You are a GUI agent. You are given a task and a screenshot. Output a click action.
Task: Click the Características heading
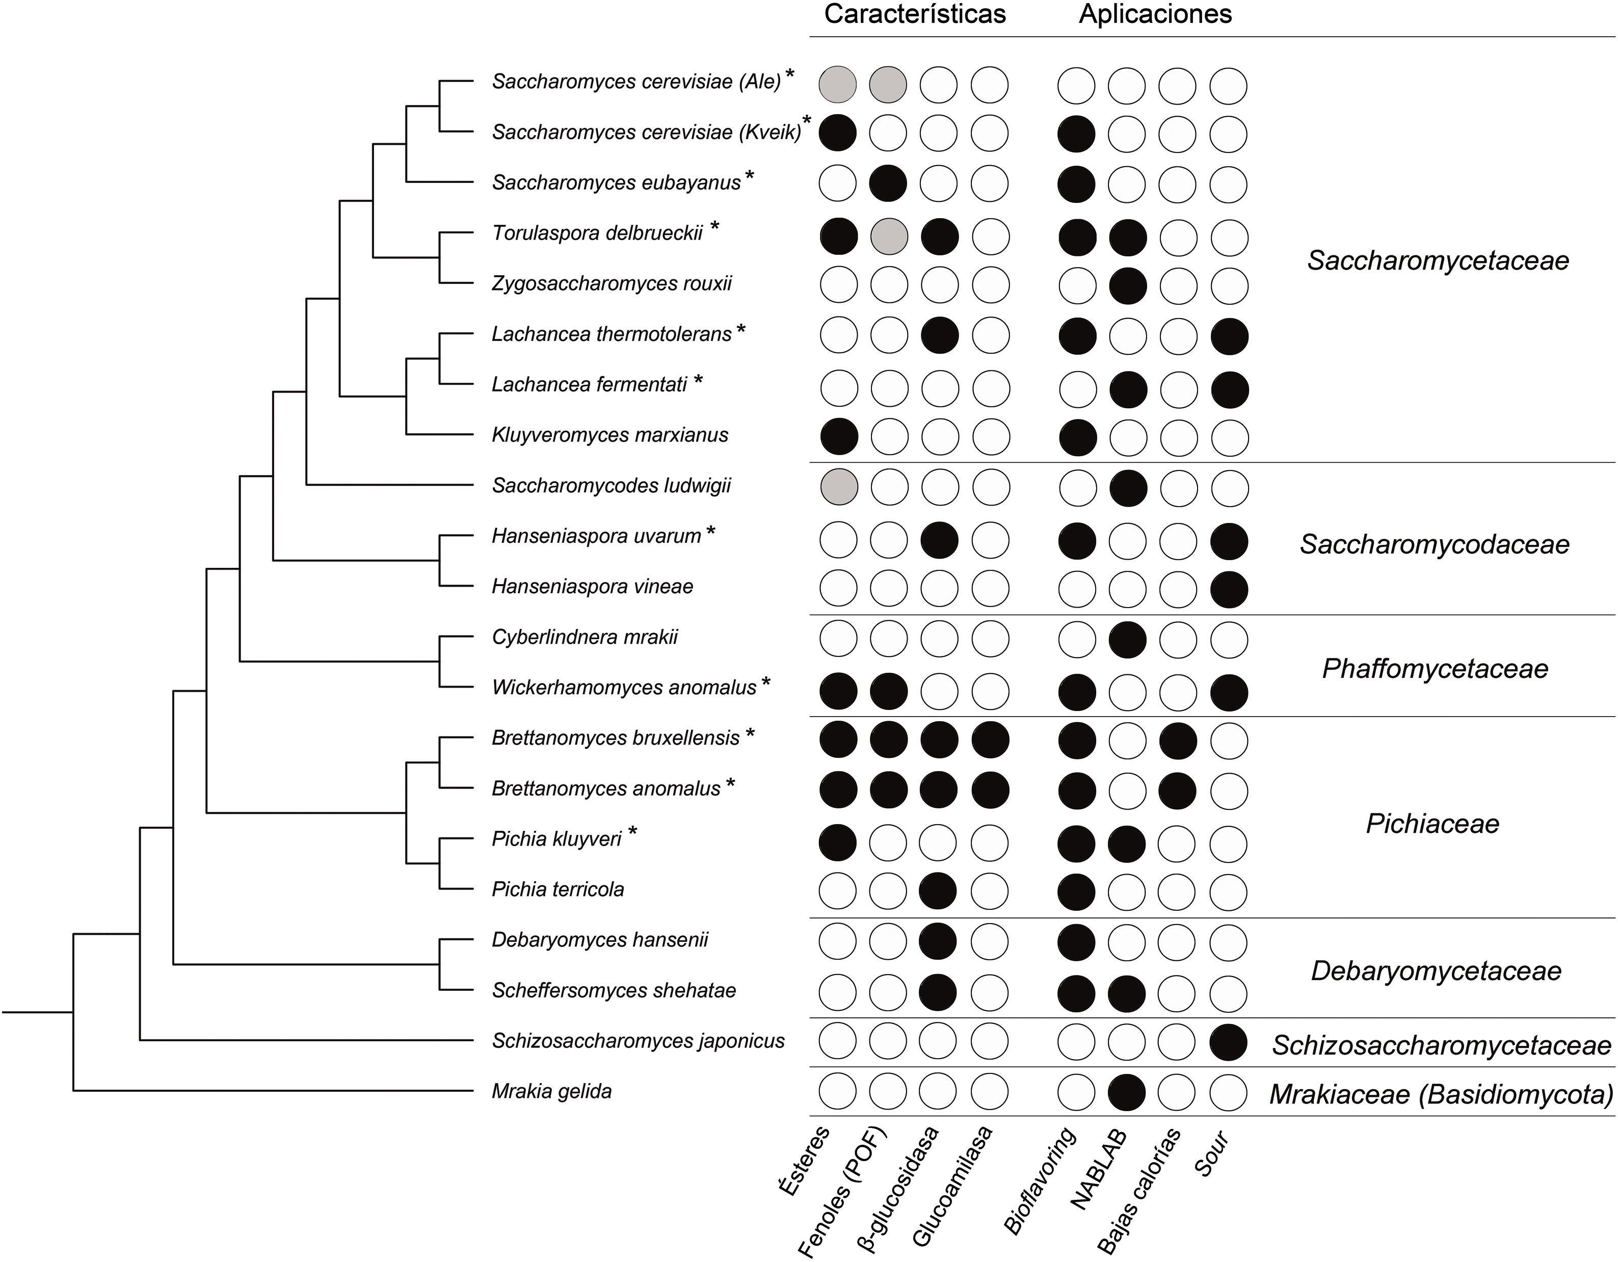914,15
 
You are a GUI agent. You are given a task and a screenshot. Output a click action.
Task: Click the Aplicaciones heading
1155,15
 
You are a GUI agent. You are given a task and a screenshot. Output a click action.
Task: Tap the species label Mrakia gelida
551,1091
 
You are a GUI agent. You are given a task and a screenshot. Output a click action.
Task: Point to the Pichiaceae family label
1432,823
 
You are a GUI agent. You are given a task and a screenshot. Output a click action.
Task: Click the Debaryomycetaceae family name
1436,971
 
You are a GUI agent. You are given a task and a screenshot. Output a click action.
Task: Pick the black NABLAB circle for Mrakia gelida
1126,1092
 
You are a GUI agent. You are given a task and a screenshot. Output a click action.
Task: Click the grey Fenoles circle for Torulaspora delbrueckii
888,236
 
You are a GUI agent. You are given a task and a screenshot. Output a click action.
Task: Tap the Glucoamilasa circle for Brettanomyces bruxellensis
990,740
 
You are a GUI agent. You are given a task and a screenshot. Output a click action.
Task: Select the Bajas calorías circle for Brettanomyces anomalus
1177,790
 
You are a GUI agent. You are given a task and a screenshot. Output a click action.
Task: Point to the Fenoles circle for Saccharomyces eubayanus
888,183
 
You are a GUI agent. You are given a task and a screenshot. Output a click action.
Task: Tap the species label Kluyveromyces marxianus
609,435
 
